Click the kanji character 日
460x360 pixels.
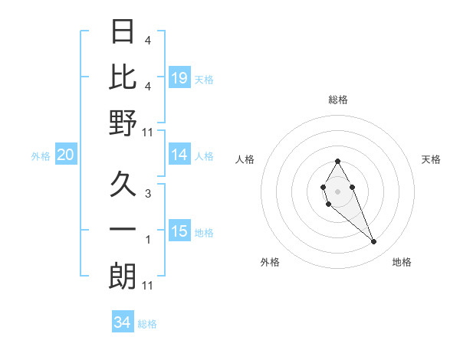[x=123, y=32]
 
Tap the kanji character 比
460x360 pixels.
[x=123, y=77]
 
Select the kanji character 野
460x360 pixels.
[x=123, y=123]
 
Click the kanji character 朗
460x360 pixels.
[x=123, y=276]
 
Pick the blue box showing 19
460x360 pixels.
[x=179, y=78]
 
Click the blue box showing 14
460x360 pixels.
[x=179, y=155]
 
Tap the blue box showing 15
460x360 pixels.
[x=179, y=231]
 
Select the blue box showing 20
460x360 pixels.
[x=65, y=155]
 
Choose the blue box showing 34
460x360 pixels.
[x=122, y=322]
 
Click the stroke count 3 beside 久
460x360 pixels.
[x=147, y=194]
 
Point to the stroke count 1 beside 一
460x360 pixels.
[x=147, y=240]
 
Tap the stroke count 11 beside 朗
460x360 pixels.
[x=148, y=286]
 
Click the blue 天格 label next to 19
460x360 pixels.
[x=204, y=80]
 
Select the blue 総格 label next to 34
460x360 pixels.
[x=147, y=324]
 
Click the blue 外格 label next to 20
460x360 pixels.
[x=41, y=156]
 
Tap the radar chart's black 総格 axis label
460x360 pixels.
[x=337, y=100]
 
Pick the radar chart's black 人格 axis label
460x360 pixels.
[x=246, y=159]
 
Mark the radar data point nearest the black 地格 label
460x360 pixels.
[x=374, y=242]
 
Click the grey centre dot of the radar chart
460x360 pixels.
[x=337, y=191]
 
